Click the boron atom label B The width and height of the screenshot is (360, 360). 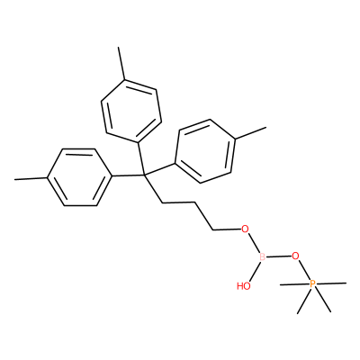(262, 257)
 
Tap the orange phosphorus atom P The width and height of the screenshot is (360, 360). (312, 283)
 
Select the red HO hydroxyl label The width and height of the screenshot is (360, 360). (243, 286)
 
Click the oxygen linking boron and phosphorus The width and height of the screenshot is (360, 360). (296, 256)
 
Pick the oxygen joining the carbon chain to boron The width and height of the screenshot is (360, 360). (246, 229)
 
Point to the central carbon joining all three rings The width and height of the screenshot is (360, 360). (144, 175)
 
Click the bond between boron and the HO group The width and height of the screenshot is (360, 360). (254, 271)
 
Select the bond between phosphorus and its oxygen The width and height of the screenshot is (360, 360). (304, 270)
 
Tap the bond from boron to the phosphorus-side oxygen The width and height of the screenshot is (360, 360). (279, 256)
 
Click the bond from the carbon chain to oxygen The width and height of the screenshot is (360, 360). (228, 230)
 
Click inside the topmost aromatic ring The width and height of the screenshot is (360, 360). (131, 111)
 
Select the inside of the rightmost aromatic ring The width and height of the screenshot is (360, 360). (205, 151)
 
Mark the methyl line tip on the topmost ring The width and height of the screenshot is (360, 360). (119, 47)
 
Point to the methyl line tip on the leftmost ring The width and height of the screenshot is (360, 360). (14, 180)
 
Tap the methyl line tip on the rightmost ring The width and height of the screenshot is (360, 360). (265, 128)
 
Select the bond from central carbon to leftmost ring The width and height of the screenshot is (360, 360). (128, 175)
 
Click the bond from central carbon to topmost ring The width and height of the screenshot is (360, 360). (140, 158)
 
